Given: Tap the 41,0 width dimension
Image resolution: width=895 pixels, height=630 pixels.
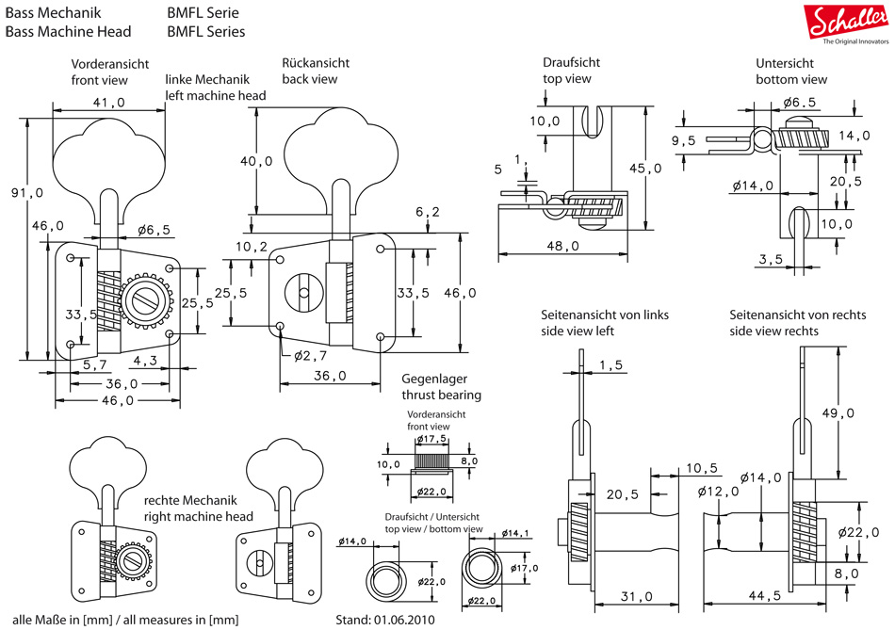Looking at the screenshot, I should [x=109, y=104].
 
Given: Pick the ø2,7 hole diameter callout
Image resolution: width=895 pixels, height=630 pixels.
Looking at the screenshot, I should [x=309, y=355].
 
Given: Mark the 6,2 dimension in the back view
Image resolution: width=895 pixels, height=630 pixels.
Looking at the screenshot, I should [x=427, y=213].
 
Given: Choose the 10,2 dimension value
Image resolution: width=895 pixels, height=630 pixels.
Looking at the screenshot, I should [x=252, y=247].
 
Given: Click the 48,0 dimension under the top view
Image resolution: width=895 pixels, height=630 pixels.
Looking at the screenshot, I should [x=562, y=246].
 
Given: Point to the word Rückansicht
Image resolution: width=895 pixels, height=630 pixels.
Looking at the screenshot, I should [x=316, y=63].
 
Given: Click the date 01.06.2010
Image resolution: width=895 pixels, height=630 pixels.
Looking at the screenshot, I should [x=411, y=620].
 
